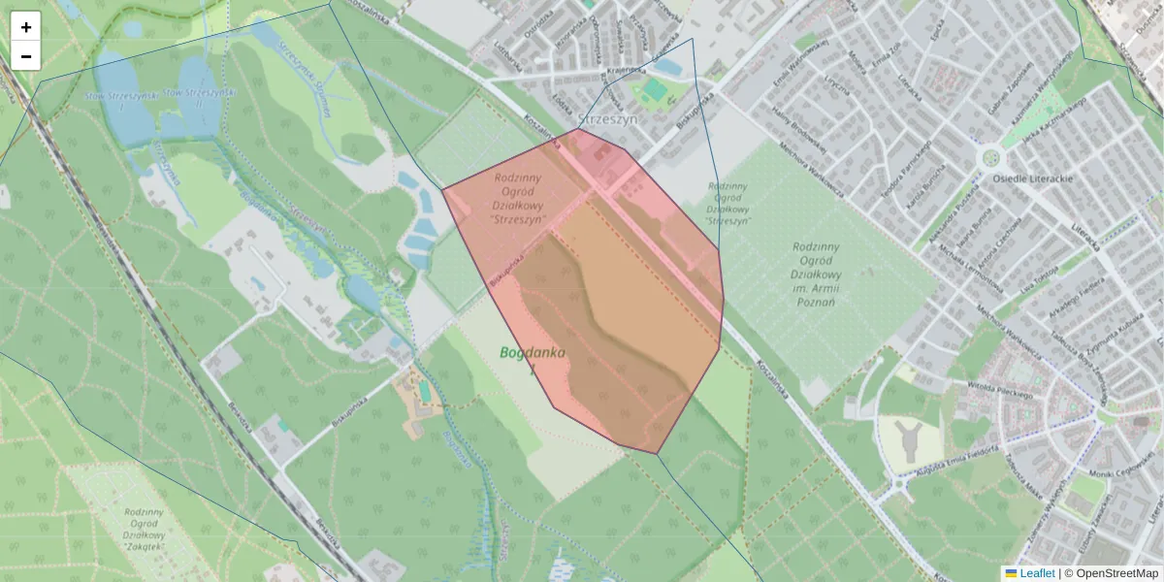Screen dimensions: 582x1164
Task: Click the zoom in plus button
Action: point(26,27)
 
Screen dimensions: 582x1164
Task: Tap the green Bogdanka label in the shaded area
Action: point(533,354)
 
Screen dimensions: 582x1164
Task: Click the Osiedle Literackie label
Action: point(1031,179)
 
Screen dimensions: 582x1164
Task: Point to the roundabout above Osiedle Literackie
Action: point(990,157)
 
